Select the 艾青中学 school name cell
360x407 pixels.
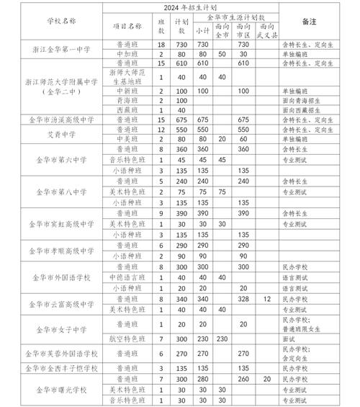(50, 135)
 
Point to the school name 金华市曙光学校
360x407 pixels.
(50, 390)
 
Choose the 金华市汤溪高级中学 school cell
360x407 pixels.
(50, 119)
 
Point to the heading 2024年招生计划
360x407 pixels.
(184, 6)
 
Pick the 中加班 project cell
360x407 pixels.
(126, 54)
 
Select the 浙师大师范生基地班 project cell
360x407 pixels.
(126, 78)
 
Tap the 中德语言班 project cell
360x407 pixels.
(126, 277)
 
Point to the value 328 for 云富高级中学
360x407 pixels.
(243, 298)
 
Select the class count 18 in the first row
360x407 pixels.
(161, 45)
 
